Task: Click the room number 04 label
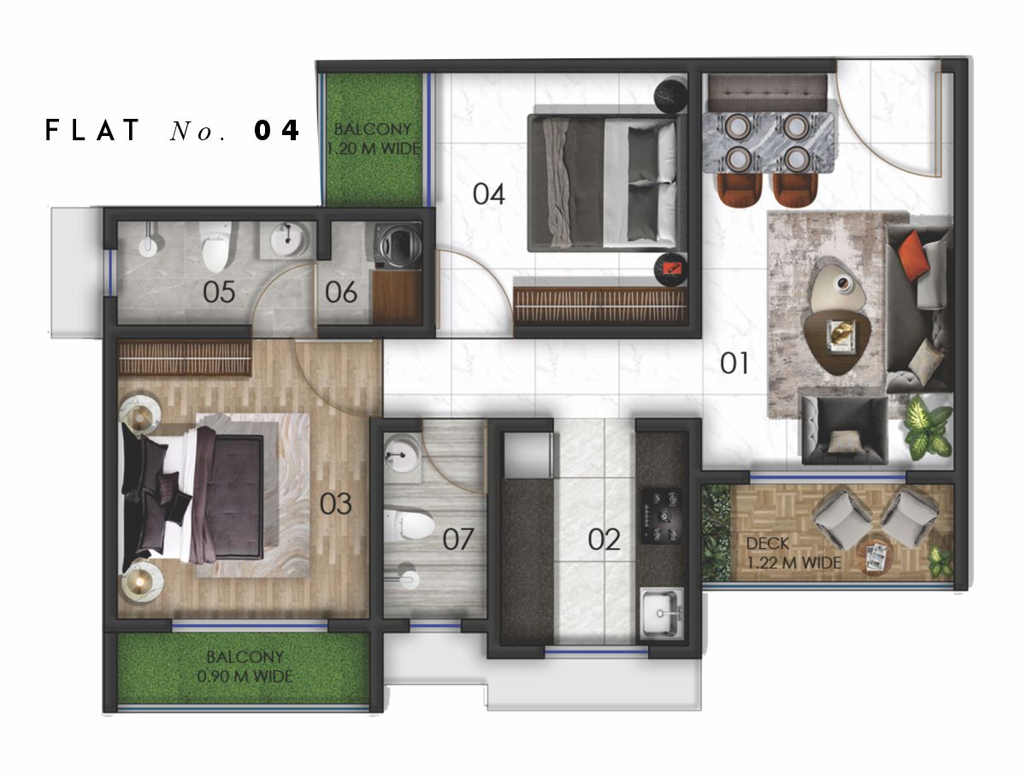(x=488, y=194)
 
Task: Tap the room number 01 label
(x=734, y=363)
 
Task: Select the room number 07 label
(x=458, y=539)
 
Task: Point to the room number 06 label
(x=341, y=292)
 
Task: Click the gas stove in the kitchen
(x=661, y=516)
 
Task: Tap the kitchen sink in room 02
(x=662, y=613)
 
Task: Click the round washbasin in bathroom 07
(x=403, y=453)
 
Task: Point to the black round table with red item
(x=671, y=269)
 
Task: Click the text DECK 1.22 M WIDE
(x=793, y=553)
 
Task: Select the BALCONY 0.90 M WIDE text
(x=245, y=666)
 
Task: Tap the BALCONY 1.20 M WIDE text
(x=374, y=139)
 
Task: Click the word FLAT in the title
(x=92, y=130)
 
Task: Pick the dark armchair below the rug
(x=845, y=430)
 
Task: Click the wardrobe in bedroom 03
(x=185, y=357)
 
